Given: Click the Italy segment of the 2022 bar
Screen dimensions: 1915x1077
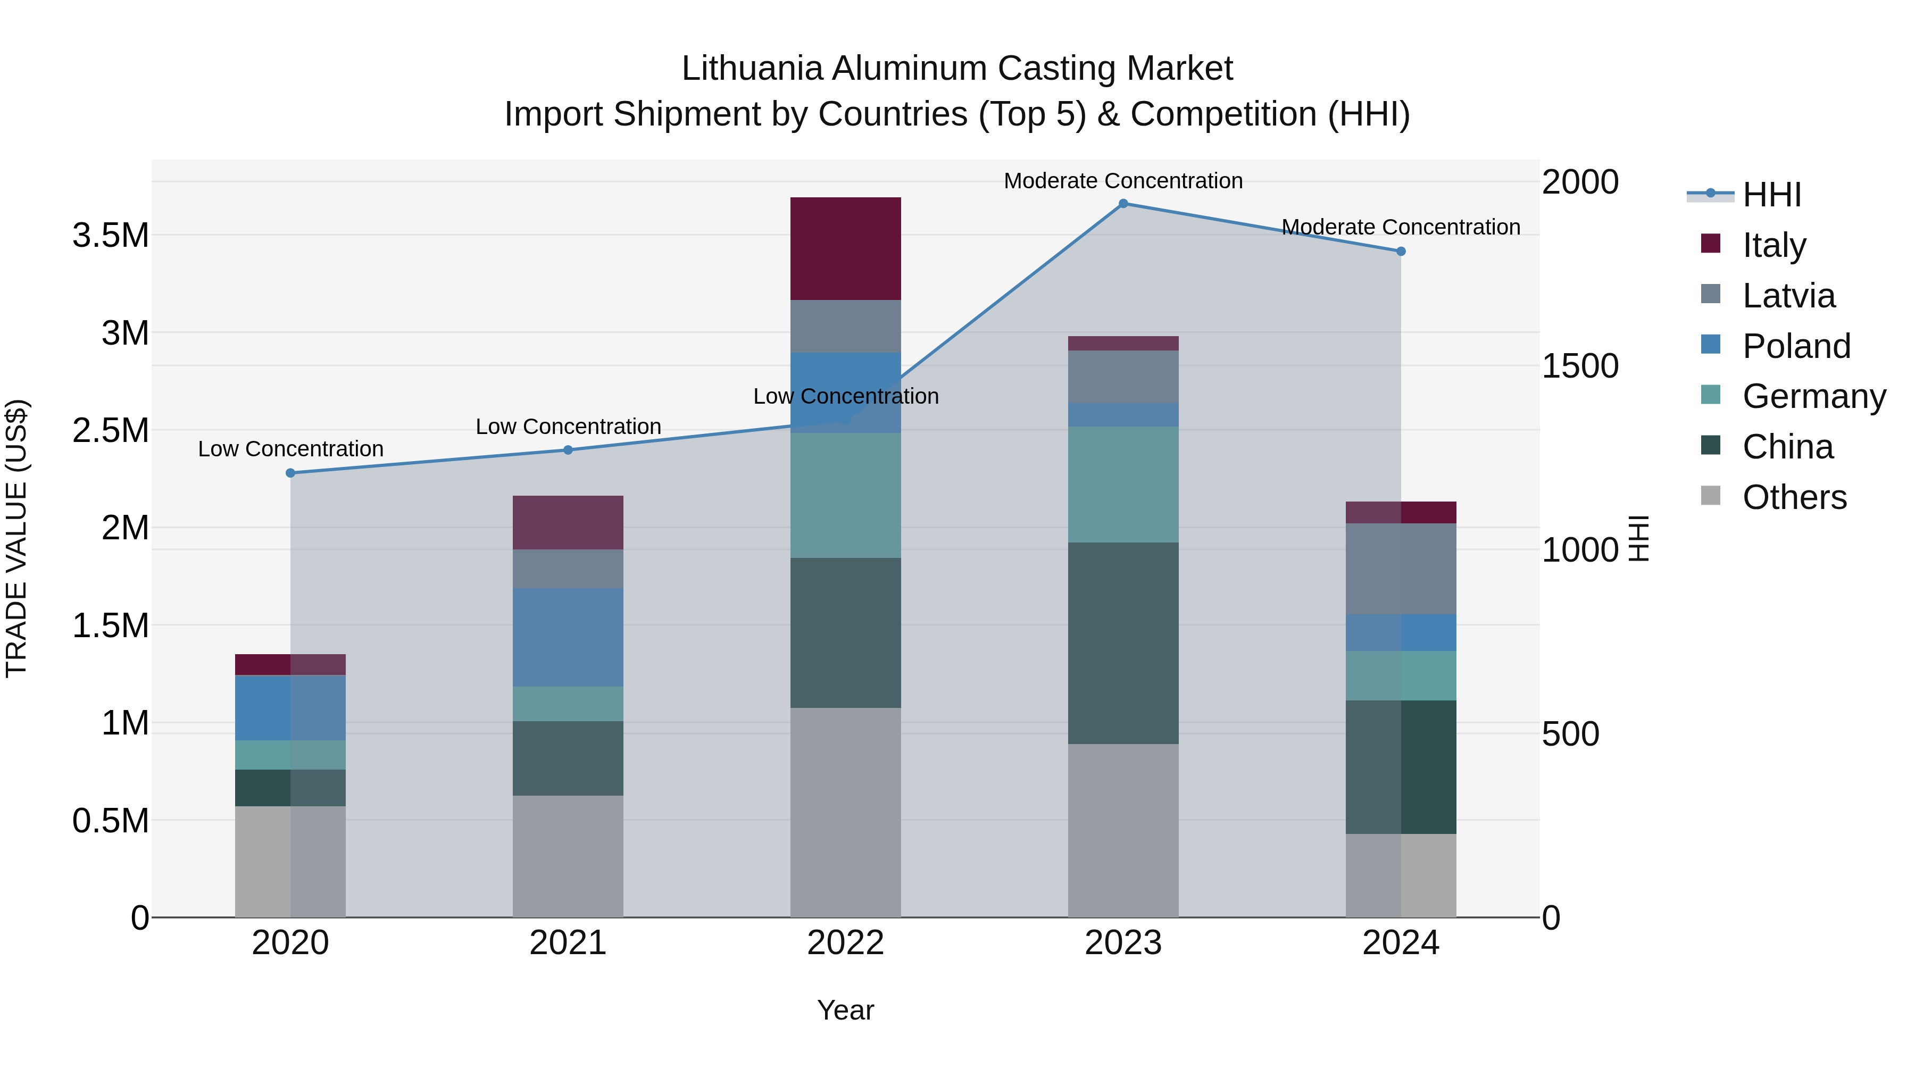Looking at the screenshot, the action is tap(845, 248).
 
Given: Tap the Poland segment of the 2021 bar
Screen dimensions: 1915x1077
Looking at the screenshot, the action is tap(568, 637).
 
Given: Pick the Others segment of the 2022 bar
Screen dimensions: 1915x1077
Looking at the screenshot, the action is tap(845, 812).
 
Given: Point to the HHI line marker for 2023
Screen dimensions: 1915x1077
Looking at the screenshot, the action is tap(1123, 204).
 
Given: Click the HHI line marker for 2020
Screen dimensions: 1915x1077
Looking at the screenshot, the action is tap(290, 473).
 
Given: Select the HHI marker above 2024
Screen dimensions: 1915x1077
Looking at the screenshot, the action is tap(1401, 251).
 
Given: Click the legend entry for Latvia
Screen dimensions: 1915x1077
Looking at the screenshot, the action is tap(1788, 296).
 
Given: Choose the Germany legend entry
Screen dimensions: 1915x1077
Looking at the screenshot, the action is tap(1813, 396).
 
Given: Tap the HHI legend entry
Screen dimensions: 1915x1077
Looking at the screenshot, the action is tap(1771, 195).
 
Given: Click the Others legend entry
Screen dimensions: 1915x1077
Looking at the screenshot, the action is tap(1794, 497).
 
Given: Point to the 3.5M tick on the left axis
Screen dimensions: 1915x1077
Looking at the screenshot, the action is tap(111, 236).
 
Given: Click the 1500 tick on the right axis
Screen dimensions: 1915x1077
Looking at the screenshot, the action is tap(1580, 366).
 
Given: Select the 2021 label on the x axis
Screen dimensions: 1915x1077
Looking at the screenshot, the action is tap(568, 943).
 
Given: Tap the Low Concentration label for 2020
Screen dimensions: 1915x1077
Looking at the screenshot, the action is tap(290, 449).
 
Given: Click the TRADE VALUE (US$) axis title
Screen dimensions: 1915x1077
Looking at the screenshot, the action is tap(16, 538).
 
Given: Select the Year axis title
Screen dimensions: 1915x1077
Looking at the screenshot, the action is tap(845, 1010).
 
